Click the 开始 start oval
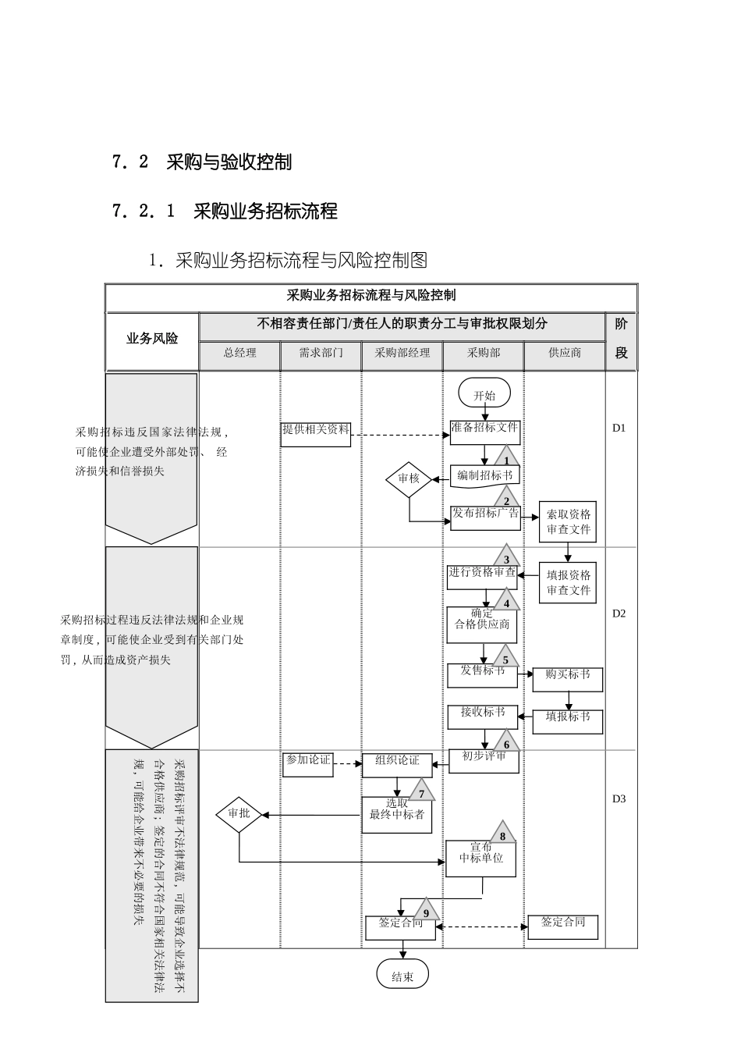(484, 395)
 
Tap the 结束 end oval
(402, 976)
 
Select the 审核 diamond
(409, 478)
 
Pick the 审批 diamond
(239, 813)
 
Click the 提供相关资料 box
(316, 433)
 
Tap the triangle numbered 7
(421, 791)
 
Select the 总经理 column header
(239, 353)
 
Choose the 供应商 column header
(564, 353)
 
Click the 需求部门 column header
(321, 353)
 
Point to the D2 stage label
(619, 613)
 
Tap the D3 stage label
(619, 798)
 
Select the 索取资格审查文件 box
(568, 521)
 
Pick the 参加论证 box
(307, 763)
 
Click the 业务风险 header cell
(152, 339)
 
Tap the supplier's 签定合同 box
(563, 926)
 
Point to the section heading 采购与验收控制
(229, 162)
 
